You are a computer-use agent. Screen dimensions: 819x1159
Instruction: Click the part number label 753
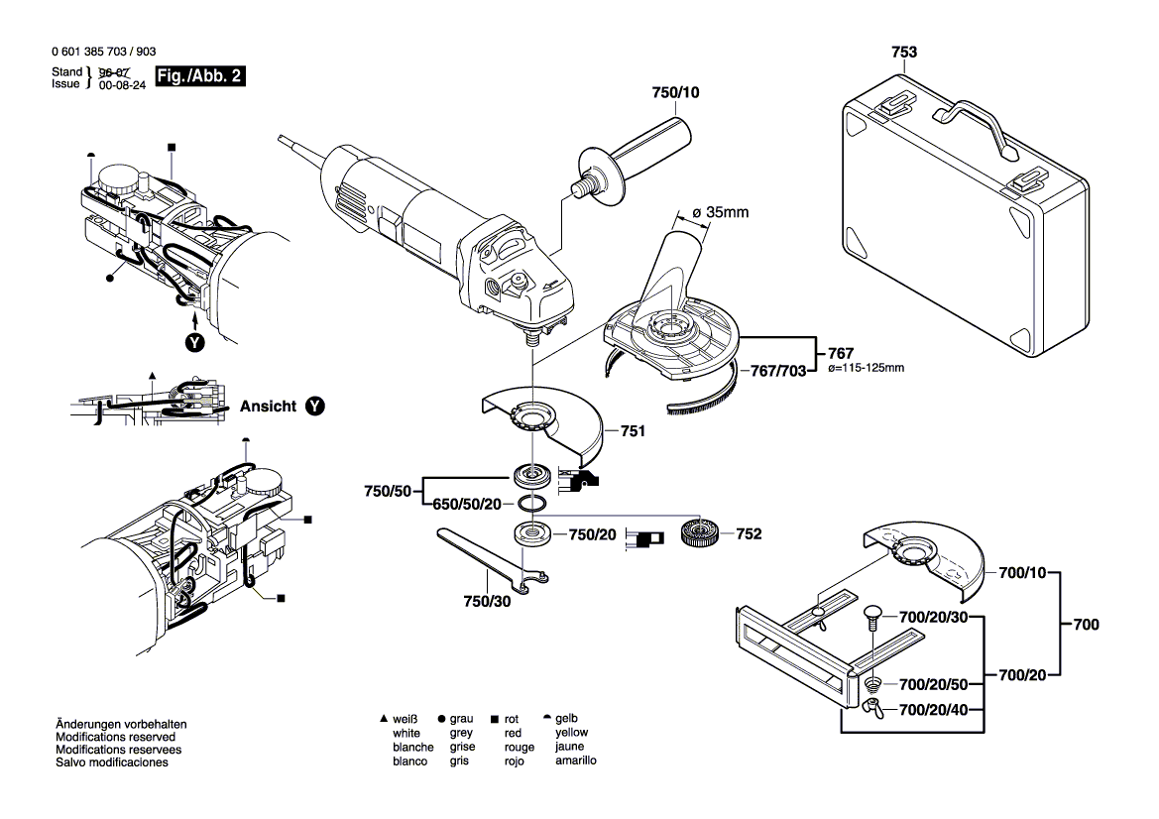click(903, 52)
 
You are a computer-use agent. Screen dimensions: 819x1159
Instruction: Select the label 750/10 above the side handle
click(675, 92)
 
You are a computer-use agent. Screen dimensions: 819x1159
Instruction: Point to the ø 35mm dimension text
click(720, 211)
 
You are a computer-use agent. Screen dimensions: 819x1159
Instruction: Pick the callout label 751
click(633, 431)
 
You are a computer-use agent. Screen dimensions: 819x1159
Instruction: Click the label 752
click(749, 534)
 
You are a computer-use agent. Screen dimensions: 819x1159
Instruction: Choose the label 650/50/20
click(467, 504)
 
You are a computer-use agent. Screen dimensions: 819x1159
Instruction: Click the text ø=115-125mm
click(865, 369)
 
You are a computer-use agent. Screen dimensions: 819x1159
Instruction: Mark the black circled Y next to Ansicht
click(314, 407)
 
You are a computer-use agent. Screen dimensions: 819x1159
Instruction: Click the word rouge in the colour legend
click(519, 748)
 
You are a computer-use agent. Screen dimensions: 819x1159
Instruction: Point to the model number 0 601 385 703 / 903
click(102, 53)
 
